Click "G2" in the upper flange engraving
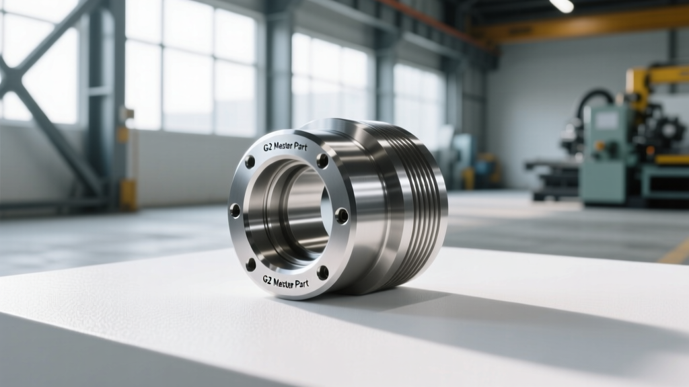pos(268,147)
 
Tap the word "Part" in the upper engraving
pos(299,147)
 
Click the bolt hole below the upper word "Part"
pos(322,161)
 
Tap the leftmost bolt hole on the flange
pos(235,210)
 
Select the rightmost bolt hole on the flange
pos(342,215)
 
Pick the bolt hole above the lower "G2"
pos(251,265)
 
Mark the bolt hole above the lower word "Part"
pos(322,273)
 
